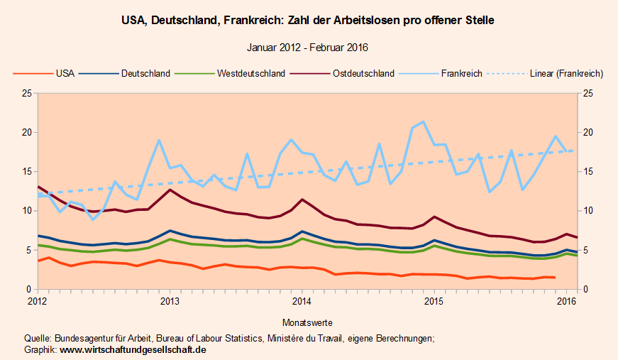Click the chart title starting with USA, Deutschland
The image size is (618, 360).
tap(308, 21)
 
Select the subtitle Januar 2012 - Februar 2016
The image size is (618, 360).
tap(308, 48)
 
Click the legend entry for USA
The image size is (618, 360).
tap(65, 73)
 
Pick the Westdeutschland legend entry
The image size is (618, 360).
tap(251, 73)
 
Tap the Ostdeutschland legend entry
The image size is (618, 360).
tap(363, 73)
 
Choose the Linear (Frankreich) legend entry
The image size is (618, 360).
tap(566, 73)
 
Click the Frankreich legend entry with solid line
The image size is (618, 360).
tap(461, 73)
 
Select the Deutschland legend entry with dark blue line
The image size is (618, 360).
tap(145, 73)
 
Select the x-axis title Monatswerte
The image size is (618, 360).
tap(307, 322)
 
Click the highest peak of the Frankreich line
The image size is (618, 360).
tap(424, 121)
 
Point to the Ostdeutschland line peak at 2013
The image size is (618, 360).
tap(170, 190)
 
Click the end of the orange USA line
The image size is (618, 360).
tap(555, 278)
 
